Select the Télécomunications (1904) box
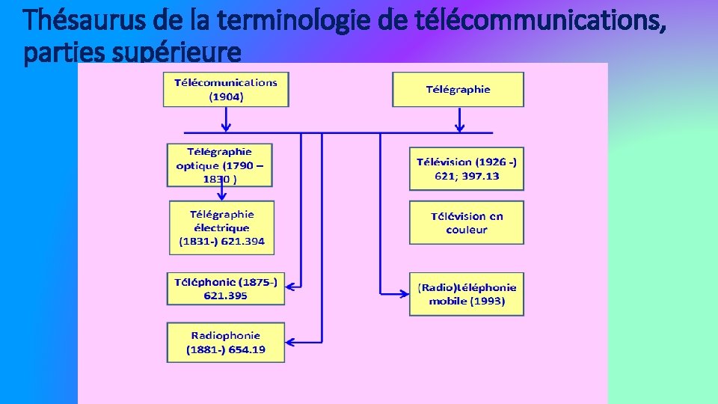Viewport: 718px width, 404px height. pos(226,89)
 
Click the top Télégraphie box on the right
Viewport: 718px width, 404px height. pos(458,89)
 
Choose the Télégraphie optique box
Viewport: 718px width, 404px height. pos(220,165)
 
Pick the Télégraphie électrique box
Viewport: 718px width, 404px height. pos(221,227)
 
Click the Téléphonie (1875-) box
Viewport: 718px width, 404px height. pos(226,289)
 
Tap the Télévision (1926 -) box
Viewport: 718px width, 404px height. pos(467,169)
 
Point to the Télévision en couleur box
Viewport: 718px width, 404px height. pos(467,223)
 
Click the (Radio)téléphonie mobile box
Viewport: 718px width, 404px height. pos(467,294)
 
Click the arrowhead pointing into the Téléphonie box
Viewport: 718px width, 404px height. pos(291,285)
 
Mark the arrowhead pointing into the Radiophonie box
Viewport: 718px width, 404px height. pos(291,343)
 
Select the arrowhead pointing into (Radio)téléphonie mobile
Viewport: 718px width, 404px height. pos(404,293)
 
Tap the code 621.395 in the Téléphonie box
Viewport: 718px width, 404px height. pos(226,296)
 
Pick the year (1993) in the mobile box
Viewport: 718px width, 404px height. pos(488,301)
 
